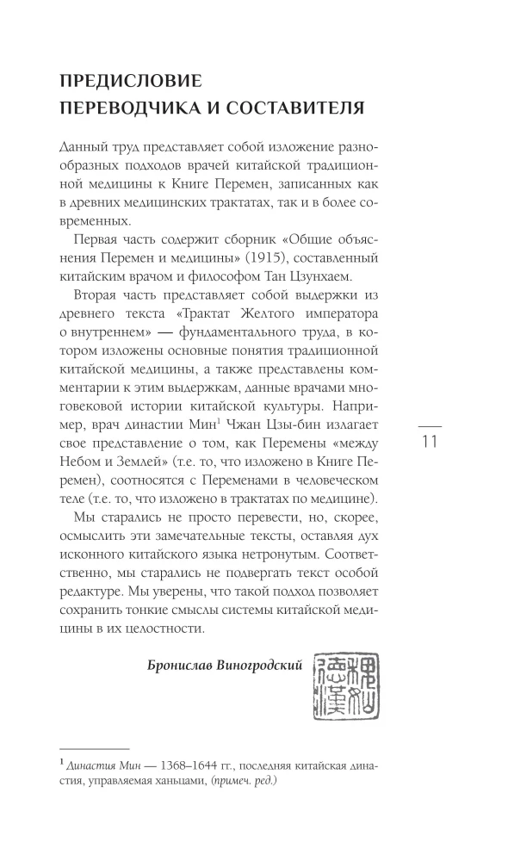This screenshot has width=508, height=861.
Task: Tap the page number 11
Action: click(x=430, y=443)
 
